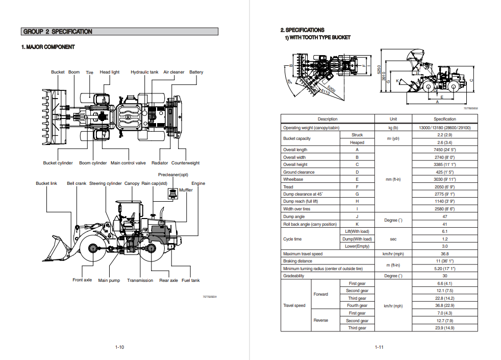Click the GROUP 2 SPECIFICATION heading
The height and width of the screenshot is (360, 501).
[x=58, y=32]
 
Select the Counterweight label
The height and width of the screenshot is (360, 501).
[x=185, y=163]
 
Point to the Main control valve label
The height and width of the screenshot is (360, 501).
[x=128, y=163]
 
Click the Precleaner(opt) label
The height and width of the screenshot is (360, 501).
[x=173, y=175]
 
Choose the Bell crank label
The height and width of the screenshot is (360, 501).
[x=77, y=183]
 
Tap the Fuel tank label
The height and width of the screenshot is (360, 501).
[x=191, y=280]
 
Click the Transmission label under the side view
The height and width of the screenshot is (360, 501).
[x=140, y=280]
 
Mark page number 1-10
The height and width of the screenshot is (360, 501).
[x=119, y=347]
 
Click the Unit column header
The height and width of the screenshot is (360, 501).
[x=393, y=119]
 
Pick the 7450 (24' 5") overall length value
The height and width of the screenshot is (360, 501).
[x=444, y=150]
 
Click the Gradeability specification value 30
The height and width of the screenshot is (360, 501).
[x=444, y=276]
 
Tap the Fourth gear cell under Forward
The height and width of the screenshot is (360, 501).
[x=357, y=305]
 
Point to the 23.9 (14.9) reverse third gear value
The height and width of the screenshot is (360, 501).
[x=444, y=328]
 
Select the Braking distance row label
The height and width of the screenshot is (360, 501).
[x=297, y=261]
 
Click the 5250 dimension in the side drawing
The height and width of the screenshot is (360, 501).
[x=379, y=69]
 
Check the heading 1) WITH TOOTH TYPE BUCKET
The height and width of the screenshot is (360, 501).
[x=317, y=37]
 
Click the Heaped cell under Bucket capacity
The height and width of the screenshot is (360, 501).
[x=357, y=142]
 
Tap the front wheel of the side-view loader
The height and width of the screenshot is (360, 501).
[x=93, y=248]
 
